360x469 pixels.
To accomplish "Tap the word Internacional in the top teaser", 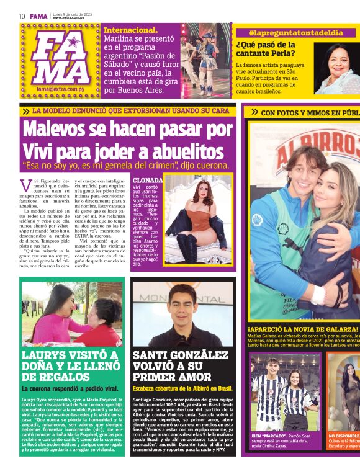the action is pos(130,30).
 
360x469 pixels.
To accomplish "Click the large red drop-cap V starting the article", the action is pos(25,185).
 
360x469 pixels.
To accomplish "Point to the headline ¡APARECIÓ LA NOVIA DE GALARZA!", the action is pos(303,329).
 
